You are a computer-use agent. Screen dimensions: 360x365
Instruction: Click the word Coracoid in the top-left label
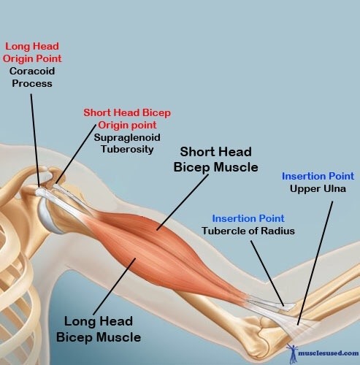click(32, 71)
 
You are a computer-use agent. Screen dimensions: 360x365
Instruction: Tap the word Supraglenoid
click(127, 138)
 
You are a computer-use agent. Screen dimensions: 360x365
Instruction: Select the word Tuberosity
click(127, 149)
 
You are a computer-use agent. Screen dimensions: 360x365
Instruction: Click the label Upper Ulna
click(318, 189)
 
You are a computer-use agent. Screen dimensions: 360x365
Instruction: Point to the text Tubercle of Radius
click(248, 231)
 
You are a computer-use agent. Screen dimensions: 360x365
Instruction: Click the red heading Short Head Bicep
click(127, 112)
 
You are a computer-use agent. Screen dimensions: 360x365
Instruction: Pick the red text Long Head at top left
click(32, 46)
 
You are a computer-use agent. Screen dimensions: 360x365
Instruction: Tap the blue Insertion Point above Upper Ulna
click(318, 176)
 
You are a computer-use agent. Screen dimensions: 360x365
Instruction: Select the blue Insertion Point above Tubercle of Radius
click(248, 218)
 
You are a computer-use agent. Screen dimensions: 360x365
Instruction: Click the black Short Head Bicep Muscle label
click(215, 160)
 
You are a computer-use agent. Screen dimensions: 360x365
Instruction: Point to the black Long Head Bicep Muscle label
click(99, 329)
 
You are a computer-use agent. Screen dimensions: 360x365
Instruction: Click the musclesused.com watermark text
click(329, 353)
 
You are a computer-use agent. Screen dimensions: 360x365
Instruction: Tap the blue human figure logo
click(292, 353)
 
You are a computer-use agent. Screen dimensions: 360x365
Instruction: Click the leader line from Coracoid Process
click(35, 141)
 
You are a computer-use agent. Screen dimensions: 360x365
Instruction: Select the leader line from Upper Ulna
click(315, 263)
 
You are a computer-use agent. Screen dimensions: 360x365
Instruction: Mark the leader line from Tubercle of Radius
click(267, 274)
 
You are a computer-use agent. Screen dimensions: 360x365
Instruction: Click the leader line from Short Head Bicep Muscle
click(183, 202)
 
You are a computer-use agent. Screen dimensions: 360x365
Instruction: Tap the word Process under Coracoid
click(32, 83)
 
